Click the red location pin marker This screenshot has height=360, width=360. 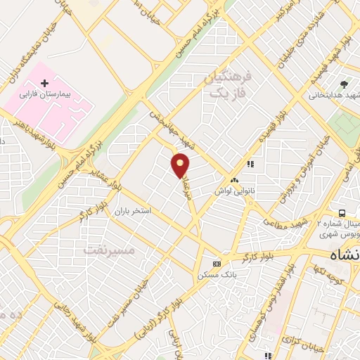point(181,165)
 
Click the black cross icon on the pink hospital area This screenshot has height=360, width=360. point(46,84)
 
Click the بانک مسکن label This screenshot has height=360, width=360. point(215,275)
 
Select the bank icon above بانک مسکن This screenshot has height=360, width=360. point(215,264)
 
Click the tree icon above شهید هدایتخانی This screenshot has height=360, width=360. point(344,83)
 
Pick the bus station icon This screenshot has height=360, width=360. point(341,212)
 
